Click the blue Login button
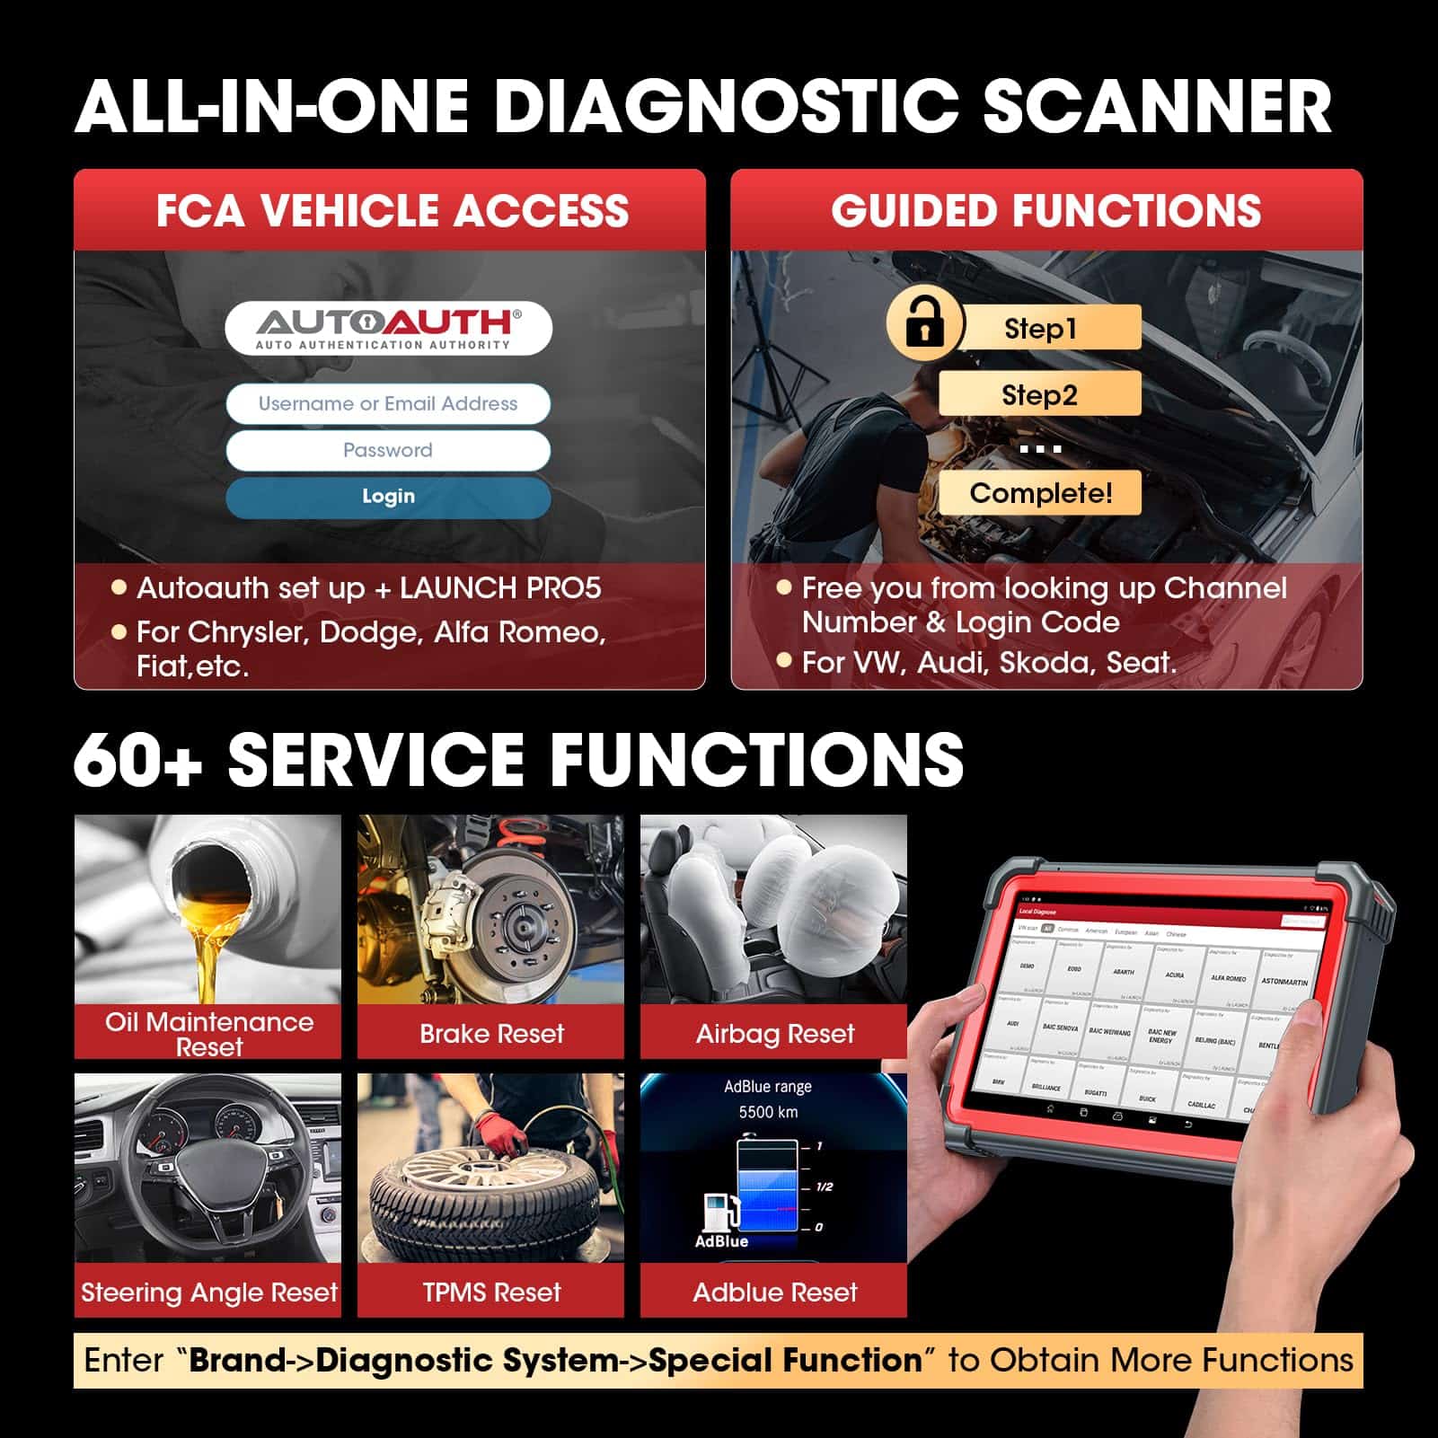point(388,497)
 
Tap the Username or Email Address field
point(388,404)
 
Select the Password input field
point(388,450)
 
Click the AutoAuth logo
point(388,328)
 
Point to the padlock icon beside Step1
point(923,325)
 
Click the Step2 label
point(1039,394)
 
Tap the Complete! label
point(1040,493)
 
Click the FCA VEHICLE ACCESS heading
point(392,210)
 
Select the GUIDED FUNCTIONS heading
point(1045,210)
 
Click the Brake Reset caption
point(491,1034)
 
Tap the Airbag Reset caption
point(774,1034)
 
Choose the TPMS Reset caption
point(491,1292)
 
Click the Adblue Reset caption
point(774,1292)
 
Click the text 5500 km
point(768,1112)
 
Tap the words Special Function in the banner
point(785,1360)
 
